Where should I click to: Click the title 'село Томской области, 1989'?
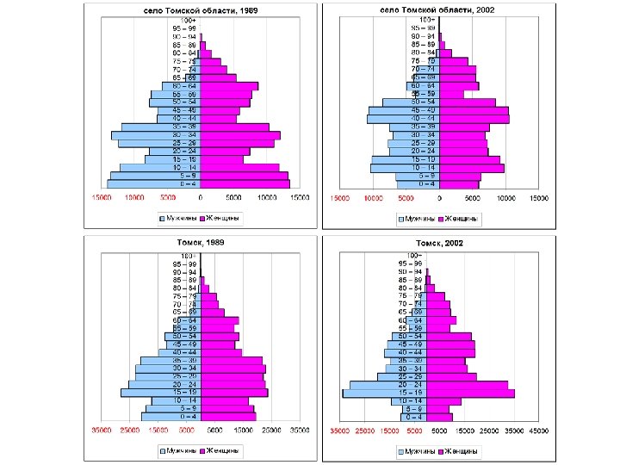coord(200,9)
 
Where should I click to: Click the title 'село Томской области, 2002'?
coord(439,9)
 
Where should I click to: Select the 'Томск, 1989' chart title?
coord(200,243)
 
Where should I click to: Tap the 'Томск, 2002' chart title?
coord(439,243)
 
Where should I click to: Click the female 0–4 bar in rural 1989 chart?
coord(245,183)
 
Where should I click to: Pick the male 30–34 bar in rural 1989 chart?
coord(156,135)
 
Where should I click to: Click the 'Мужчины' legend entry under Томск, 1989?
coord(177,450)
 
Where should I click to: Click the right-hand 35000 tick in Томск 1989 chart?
coord(300,430)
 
